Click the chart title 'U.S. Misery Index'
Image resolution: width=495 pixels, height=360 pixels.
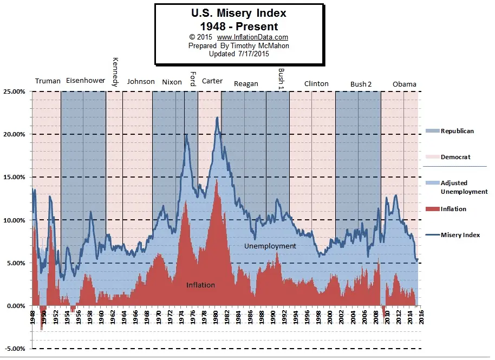coord(239,12)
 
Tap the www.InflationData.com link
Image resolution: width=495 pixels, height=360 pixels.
coord(252,37)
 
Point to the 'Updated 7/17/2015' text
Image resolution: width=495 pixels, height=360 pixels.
coord(239,54)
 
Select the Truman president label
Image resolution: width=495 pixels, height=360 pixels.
coord(48,82)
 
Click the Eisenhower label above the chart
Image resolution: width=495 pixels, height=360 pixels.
coord(86,81)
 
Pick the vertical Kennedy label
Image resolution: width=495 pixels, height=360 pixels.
coord(115,72)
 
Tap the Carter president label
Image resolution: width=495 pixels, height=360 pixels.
coord(212,81)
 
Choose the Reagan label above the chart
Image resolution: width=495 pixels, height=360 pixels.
coord(246,84)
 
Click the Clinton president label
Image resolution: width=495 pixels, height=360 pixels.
coord(316,84)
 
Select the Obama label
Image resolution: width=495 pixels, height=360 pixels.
coord(404,84)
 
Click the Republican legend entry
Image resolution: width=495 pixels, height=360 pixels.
coord(457,131)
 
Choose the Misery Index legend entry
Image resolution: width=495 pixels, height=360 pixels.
coord(460,235)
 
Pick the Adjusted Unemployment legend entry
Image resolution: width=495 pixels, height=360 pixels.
coord(464,187)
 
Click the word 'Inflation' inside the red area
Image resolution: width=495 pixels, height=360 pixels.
coord(200,285)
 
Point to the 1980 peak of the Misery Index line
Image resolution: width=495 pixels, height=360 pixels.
coord(217,117)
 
